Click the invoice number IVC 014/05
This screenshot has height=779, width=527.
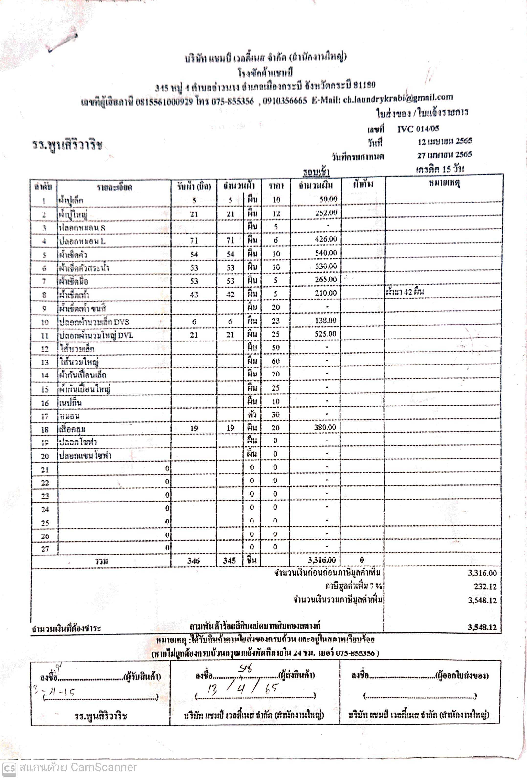click(x=418, y=129)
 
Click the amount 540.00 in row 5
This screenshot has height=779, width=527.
click(x=326, y=253)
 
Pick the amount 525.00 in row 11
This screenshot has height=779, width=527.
click(x=325, y=334)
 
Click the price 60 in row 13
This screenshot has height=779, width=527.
click(x=275, y=361)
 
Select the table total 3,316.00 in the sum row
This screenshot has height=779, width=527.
click(x=321, y=560)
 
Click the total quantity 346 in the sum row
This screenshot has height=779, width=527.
click(x=194, y=560)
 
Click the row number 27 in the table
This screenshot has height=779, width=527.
click(x=45, y=549)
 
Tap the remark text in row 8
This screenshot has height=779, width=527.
click(x=405, y=292)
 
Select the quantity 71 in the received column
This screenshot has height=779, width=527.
click(x=194, y=241)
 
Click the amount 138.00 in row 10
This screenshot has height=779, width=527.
click(x=325, y=320)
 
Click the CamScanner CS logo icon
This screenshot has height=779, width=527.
click(x=9, y=768)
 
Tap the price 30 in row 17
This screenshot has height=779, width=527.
click(x=275, y=415)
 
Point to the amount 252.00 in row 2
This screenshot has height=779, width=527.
click(x=326, y=213)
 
